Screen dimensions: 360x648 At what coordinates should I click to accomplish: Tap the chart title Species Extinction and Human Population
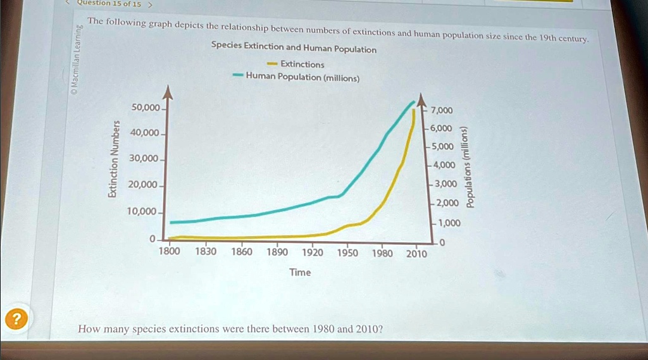294,49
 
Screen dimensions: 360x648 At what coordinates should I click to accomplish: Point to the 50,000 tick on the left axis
146,108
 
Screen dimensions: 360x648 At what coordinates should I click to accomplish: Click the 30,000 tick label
144,158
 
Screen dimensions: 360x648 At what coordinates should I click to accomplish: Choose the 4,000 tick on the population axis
444,165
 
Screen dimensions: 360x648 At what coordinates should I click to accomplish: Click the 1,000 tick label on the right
449,223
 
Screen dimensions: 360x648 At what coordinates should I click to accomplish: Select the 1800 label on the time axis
169,251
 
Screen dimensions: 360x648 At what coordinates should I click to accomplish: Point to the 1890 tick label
277,252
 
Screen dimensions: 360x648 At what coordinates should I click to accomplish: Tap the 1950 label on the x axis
347,253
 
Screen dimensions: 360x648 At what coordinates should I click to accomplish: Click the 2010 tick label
416,254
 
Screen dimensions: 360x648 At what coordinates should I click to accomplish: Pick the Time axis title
300,272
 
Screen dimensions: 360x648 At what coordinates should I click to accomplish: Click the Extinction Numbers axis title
113,159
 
